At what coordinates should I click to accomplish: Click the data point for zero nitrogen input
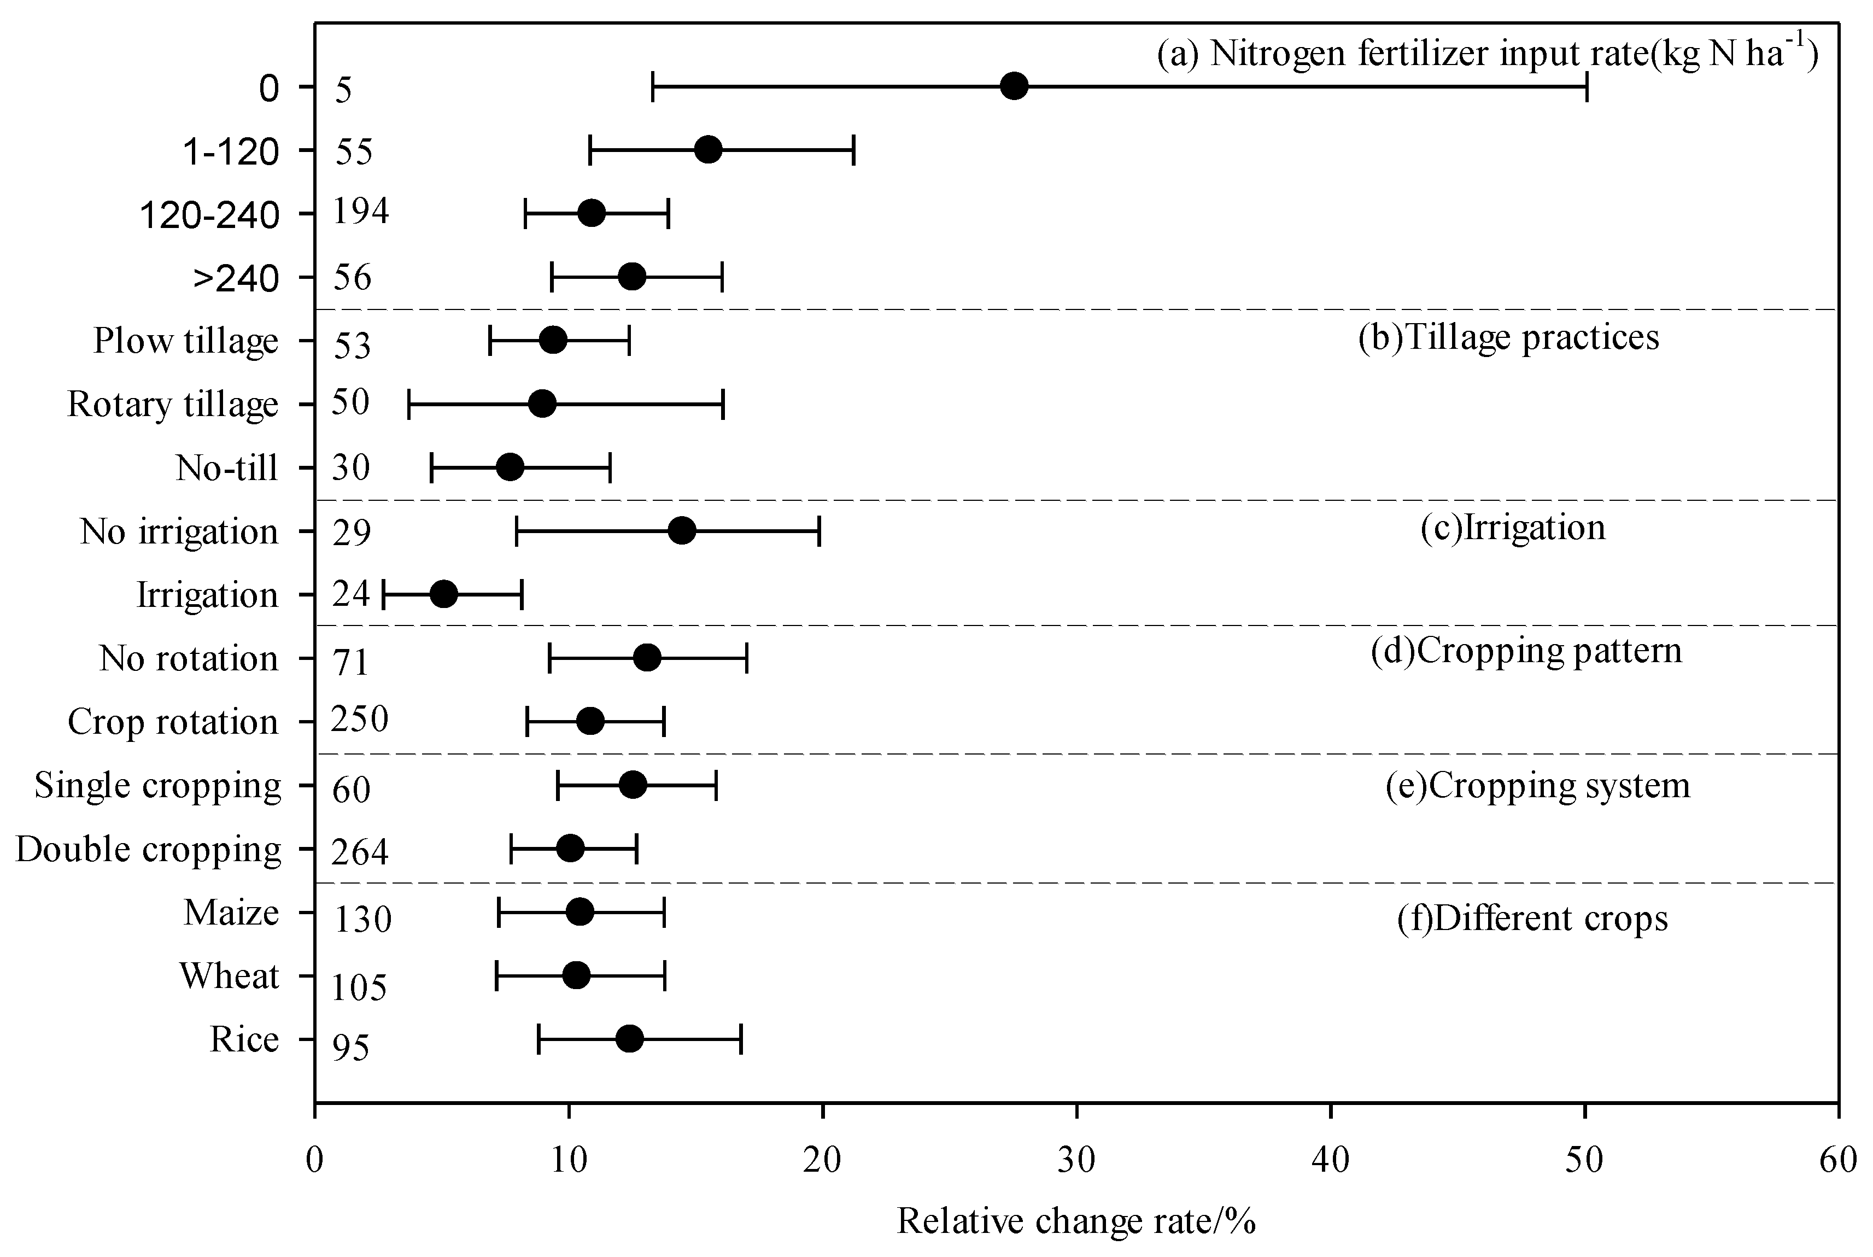pyautogui.click(x=1015, y=86)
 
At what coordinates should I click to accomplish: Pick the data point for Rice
pyautogui.click(x=629, y=1039)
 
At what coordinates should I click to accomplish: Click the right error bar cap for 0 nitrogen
pyautogui.click(x=1587, y=86)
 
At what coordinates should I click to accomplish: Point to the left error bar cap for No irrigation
pyautogui.click(x=516, y=531)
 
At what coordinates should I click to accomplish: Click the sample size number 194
pyautogui.click(x=361, y=212)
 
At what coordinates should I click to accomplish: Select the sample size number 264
pyautogui.click(x=360, y=851)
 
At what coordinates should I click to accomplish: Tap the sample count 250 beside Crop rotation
pyautogui.click(x=360, y=719)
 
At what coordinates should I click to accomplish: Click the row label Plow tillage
pyautogui.click(x=186, y=341)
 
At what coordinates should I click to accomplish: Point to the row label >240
pyautogui.click(x=236, y=279)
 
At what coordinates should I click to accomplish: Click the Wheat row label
pyautogui.click(x=229, y=975)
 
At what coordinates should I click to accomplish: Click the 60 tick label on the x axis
pyautogui.click(x=1837, y=1161)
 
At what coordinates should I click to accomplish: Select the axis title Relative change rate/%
pyautogui.click(x=1075, y=1221)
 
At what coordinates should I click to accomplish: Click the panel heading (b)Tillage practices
pyautogui.click(x=1508, y=337)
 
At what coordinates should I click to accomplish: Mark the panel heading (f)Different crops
pyautogui.click(x=1532, y=918)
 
